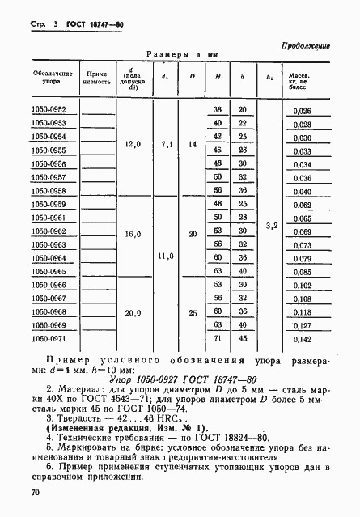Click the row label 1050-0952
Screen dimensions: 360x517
click(x=51, y=109)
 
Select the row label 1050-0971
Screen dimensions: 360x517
click(x=51, y=341)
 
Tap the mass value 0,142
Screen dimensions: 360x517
click(x=302, y=341)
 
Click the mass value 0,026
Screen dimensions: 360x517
click(x=302, y=111)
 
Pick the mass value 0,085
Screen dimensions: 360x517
click(x=302, y=273)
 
